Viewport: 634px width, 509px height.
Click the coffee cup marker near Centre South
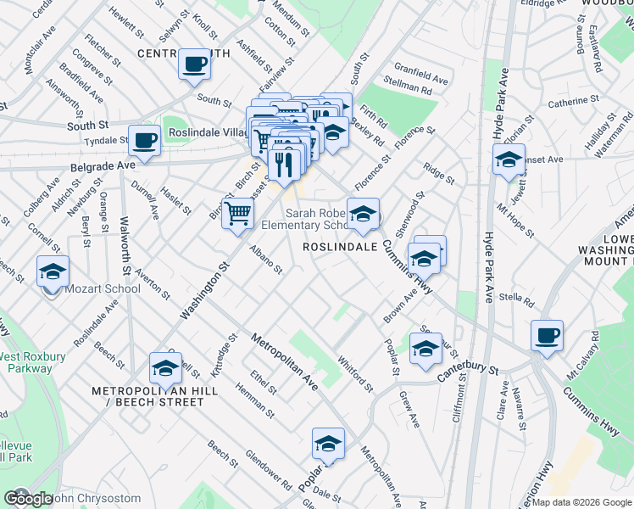coord(194,64)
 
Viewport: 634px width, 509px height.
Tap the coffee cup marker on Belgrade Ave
coord(144,140)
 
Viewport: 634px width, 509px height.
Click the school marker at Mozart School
coord(53,272)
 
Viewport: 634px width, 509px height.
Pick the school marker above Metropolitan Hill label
coord(165,368)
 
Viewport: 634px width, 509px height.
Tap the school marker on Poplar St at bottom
coord(328,444)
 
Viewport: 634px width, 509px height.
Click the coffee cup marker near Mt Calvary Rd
coord(547,335)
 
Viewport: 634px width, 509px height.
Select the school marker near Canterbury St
coord(425,348)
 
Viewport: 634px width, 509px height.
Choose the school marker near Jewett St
coord(509,159)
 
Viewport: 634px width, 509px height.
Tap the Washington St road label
coord(204,291)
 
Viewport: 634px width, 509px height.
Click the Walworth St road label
coord(125,245)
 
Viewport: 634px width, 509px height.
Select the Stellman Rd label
coord(409,87)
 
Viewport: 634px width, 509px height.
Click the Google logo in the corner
coord(27,499)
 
